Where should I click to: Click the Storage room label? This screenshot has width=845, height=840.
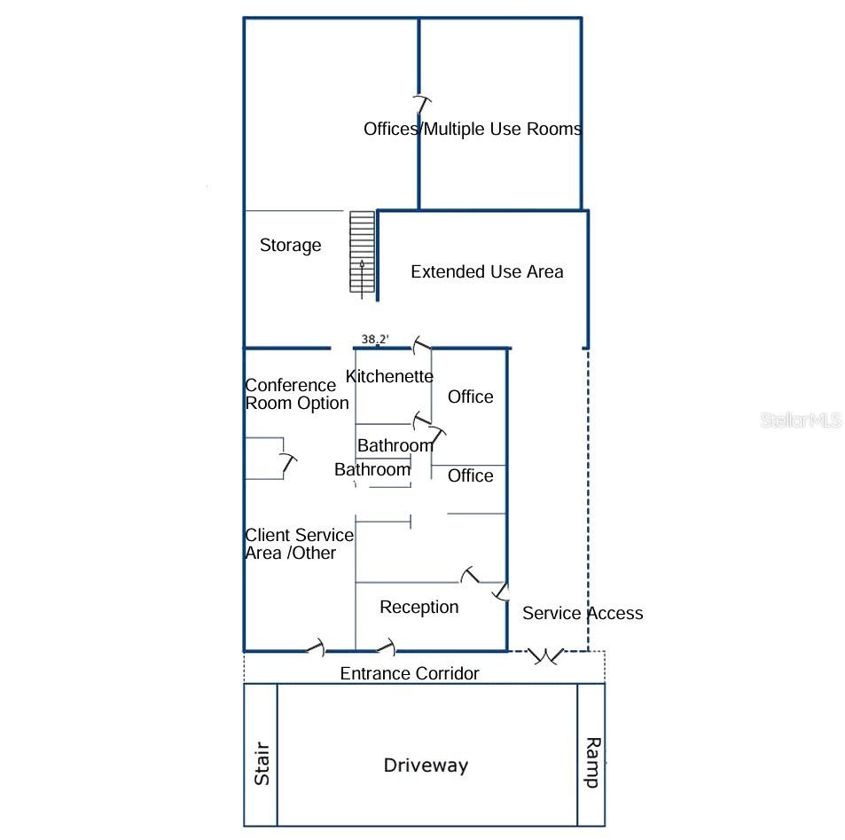[x=291, y=246]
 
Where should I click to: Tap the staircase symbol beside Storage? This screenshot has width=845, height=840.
[x=362, y=252]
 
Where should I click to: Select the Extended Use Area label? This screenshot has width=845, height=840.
[x=487, y=271]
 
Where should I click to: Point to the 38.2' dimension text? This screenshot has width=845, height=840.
[x=375, y=339]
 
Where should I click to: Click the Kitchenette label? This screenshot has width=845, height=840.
[x=389, y=376]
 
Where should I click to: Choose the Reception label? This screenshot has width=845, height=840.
[x=419, y=607]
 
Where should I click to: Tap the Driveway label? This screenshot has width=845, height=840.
[x=426, y=765]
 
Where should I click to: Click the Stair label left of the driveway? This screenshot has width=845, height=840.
[x=262, y=763]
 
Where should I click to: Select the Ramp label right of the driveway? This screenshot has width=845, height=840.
[x=593, y=762]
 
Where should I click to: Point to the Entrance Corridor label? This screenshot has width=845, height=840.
[x=410, y=673]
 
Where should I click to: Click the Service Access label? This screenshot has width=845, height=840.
[x=583, y=613]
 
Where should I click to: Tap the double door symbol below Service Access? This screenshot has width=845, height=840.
[x=546, y=656]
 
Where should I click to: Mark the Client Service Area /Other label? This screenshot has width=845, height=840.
[x=299, y=544]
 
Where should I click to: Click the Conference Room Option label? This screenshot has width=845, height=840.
[x=297, y=394]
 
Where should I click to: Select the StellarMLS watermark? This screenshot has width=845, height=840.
[x=802, y=420]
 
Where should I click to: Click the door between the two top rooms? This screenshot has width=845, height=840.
[x=421, y=106]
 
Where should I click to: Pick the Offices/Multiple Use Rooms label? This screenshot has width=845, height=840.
[x=473, y=129]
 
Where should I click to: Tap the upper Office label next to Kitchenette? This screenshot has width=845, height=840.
[x=471, y=396]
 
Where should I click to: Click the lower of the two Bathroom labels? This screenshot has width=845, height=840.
[x=372, y=469]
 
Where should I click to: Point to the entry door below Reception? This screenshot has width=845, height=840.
[x=387, y=647]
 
